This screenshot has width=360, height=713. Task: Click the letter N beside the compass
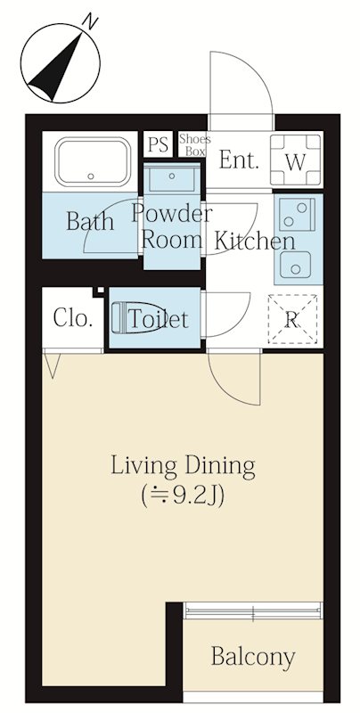92,21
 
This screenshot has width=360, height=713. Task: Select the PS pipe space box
159,144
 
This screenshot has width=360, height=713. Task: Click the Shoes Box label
195,144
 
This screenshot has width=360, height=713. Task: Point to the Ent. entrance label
239,160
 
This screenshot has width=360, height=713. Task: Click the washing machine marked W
296,160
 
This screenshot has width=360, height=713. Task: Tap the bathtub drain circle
91,176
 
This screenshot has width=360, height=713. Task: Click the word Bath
89,221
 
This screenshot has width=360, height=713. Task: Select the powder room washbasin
172,177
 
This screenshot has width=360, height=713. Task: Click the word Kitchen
255,240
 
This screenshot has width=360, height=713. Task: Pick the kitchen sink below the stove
296,265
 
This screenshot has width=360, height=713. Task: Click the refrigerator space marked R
292,319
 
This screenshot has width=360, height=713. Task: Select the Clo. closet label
73,317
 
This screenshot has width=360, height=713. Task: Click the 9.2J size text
183,496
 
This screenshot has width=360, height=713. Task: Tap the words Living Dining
184,466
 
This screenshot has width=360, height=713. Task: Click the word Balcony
253,658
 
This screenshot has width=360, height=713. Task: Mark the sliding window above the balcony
253,611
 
